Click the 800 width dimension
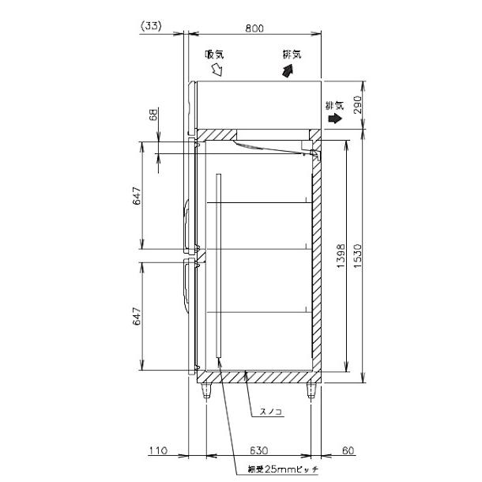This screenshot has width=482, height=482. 253,28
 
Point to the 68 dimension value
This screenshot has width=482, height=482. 154,116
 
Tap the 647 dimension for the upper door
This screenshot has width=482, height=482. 136,198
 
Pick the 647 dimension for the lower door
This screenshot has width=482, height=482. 136,317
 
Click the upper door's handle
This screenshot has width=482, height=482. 186,225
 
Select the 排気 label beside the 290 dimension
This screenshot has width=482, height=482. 334,104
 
